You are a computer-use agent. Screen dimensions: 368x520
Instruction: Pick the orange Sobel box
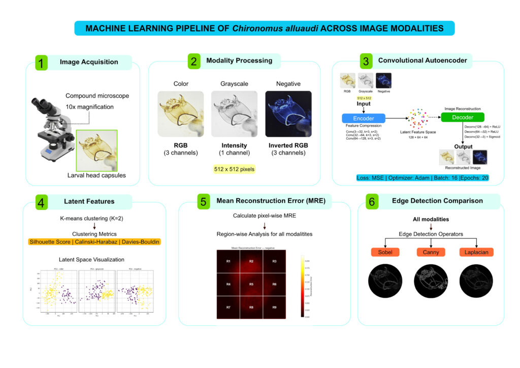coord(384,252)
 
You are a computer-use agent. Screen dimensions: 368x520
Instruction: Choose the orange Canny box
coord(431,252)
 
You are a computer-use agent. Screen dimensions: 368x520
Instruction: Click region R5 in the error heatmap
coord(251,284)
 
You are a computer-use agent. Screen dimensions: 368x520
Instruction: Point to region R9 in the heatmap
coord(274,308)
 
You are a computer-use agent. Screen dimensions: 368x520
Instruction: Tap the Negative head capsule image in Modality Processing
coord(288,114)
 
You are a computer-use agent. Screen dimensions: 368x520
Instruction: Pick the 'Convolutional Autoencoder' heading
coord(422,60)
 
